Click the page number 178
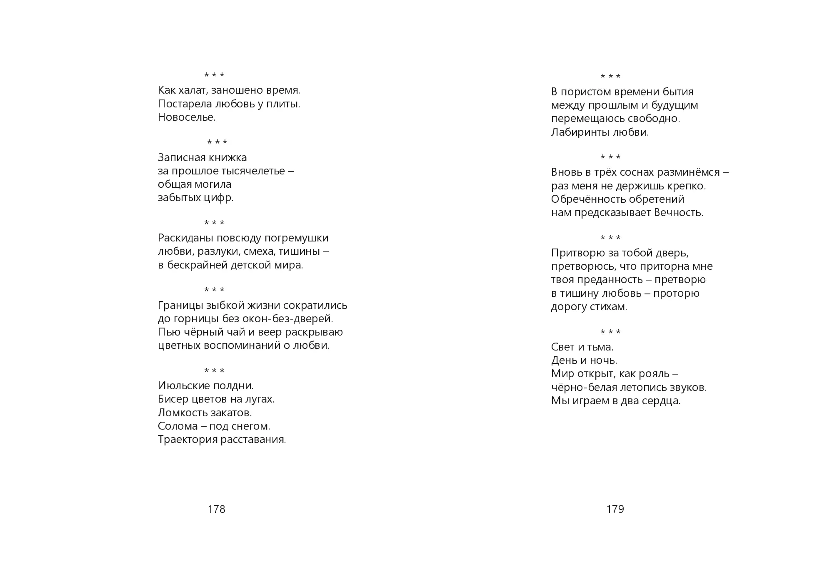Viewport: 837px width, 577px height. [216, 509]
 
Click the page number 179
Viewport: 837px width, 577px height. [615, 509]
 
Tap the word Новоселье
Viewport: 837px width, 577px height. [187, 117]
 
